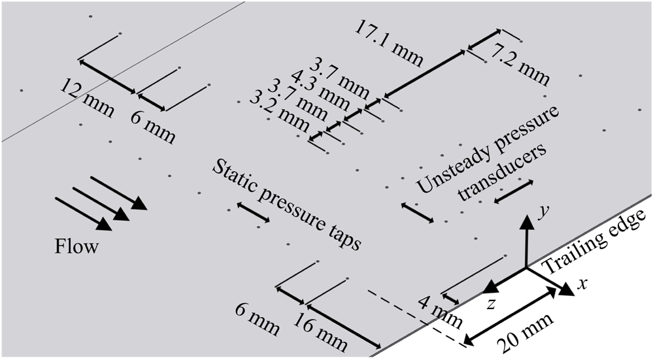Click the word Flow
76,247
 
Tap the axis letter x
580,284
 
